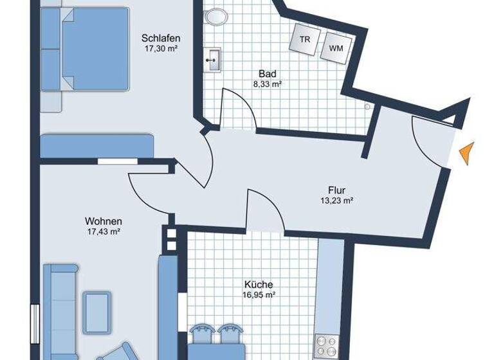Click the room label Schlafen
click(160, 37)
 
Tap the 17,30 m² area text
click(160, 48)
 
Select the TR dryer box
click(304, 40)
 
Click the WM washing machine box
click(336, 48)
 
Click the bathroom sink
click(212, 60)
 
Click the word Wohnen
click(104, 221)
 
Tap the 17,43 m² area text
click(104, 231)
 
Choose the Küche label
click(259, 285)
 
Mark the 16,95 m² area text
click(259, 295)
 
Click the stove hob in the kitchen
click(326, 346)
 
